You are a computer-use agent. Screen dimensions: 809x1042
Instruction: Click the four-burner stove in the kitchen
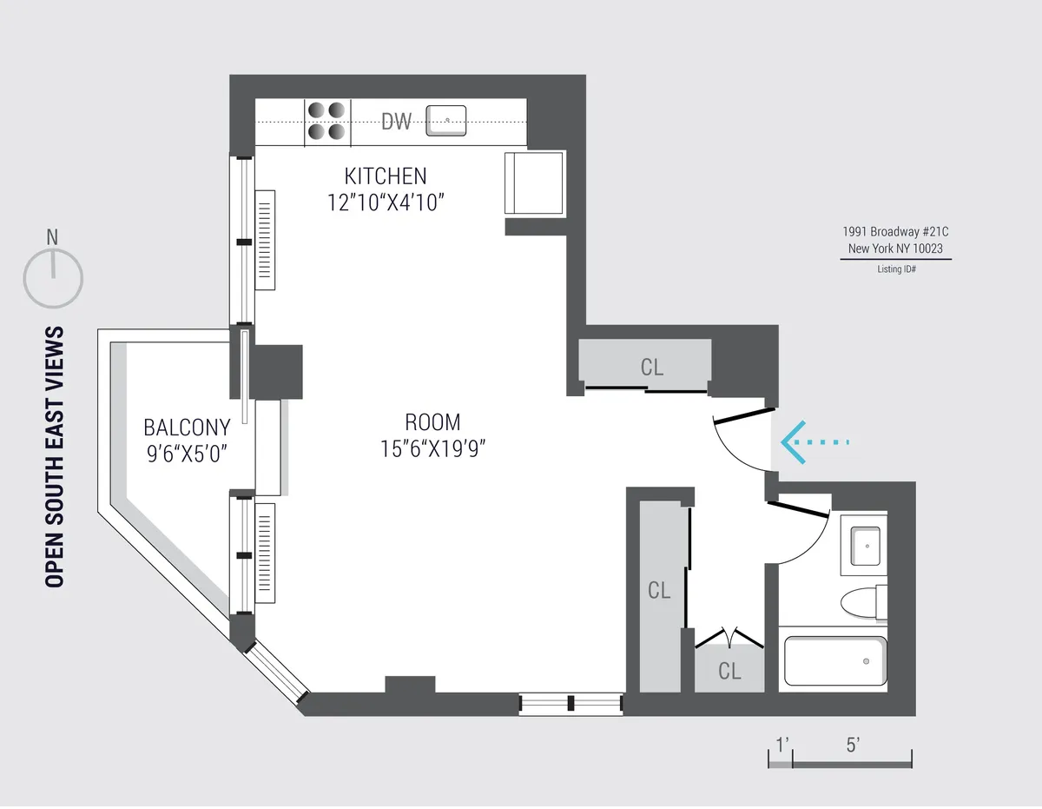[x=326, y=121]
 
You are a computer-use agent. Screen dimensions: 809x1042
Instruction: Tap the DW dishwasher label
[x=397, y=122]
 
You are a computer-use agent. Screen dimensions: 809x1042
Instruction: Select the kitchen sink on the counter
[x=446, y=120]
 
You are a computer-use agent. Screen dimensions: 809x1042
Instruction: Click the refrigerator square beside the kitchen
[x=534, y=182]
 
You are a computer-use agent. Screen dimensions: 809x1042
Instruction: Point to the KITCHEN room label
[x=386, y=176]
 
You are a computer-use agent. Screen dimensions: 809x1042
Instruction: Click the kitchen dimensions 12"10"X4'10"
[x=386, y=202]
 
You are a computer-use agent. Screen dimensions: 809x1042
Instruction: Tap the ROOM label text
[x=432, y=422]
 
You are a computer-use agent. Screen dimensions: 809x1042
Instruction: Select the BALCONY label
[x=187, y=428]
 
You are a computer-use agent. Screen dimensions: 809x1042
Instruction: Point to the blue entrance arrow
[x=812, y=442]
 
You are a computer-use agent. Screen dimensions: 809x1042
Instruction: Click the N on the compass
[x=52, y=236]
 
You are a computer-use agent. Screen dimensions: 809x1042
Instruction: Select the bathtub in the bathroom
[x=834, y=661]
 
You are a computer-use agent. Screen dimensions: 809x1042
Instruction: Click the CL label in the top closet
[x=651, y=367]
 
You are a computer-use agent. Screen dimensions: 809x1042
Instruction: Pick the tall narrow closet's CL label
[x=659, y=591]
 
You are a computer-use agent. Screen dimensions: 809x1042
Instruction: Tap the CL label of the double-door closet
[x=729, y=671]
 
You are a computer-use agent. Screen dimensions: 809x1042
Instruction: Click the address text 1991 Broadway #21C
[x=895, y=232]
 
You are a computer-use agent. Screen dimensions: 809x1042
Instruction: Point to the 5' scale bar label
[x=852, y=745]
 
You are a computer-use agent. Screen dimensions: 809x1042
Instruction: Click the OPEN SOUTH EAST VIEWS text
[x=55, y=457]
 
